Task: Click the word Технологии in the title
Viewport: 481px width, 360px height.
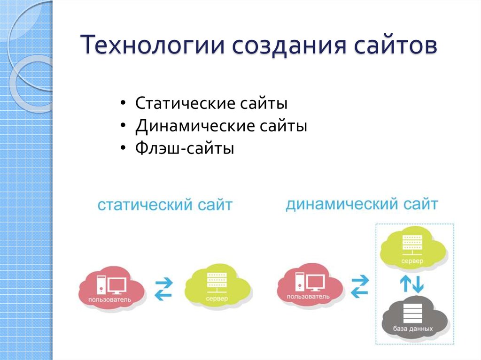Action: click(x=153, y=45)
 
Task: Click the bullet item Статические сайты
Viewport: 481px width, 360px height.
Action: click(x=211, y=103)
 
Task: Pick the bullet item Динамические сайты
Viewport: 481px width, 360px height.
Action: click(x=221, y=126)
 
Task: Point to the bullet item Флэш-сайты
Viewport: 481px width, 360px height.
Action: click(x=185, y=148)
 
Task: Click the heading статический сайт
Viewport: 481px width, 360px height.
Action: click(x=165, y=205)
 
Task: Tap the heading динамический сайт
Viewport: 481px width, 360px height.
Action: click(x=362, y=204)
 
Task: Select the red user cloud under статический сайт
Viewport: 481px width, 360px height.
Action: click(x=112, y=287)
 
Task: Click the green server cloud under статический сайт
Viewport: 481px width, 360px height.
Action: click(x=218, y=286)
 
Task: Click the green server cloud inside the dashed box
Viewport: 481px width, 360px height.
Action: click(x=412, y=249)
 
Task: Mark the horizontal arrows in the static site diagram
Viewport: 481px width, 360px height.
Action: click(x=164, y=288)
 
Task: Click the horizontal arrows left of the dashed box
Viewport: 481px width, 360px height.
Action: click(x=359, y=286)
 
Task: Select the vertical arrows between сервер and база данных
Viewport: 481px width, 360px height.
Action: click(x=411, y=283)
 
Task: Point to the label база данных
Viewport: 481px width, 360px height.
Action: click(x=413, y=329)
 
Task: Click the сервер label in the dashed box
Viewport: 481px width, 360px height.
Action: click(x=412, y=261)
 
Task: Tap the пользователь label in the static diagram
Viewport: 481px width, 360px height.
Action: click(x=109, y=299)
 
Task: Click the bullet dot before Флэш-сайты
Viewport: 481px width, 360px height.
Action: click(x=123, y=148)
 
